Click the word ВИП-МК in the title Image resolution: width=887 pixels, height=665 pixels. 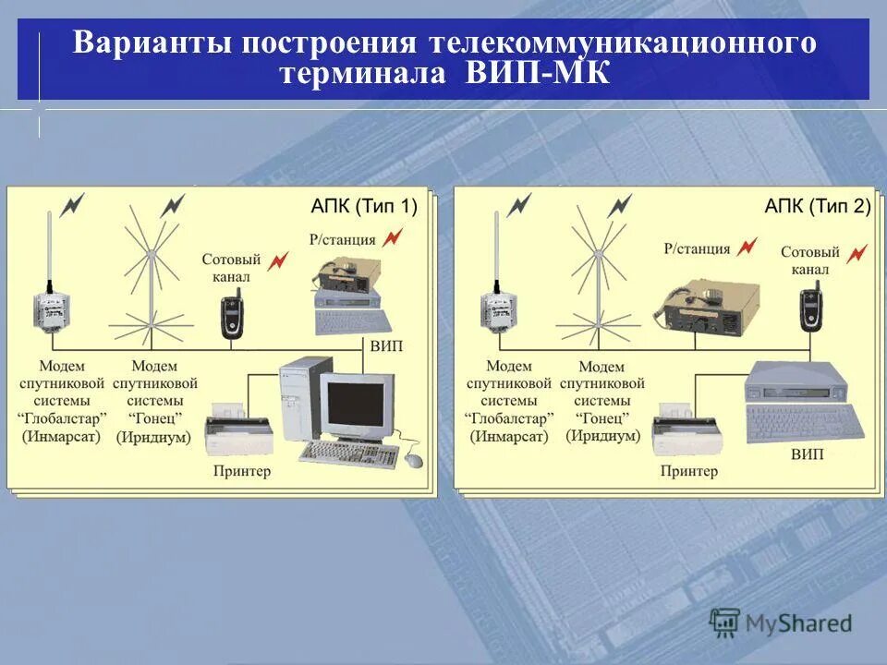pos(538,73)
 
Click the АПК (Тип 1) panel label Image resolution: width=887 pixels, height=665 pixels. pos(363,207)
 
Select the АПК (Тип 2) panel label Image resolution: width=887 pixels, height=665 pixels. pos(817,207)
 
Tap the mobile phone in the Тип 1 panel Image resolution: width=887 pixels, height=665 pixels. pos(231,316)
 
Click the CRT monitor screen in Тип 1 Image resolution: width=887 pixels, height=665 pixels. pos(356,403)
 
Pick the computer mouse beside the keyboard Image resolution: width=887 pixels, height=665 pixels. pos(412,459)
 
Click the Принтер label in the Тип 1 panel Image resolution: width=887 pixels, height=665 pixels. pos(241,472)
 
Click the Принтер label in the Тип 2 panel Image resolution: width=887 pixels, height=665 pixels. pos(688,472)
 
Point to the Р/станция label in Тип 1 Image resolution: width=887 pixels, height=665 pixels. pos(343,240)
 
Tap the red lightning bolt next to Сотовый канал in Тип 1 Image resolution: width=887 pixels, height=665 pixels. pos(278,261)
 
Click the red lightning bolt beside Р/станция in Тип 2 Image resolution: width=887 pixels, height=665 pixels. pos(747,247)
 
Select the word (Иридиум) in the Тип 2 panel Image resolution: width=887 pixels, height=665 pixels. pos(603,436)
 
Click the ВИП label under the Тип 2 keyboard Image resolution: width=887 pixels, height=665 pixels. pos(807,455)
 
